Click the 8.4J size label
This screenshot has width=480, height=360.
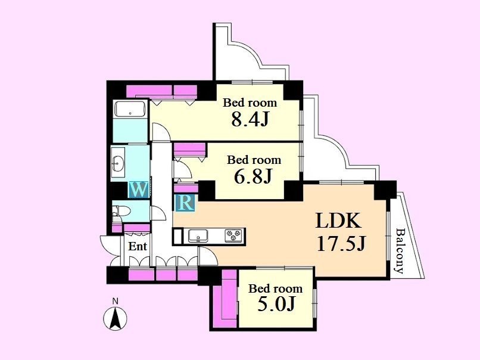(x=250, y=119)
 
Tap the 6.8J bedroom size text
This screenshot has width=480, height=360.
(x=253, y=176)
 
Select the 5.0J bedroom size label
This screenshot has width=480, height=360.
(x=276, y=304)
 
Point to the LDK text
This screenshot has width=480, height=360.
(x=339, y=221)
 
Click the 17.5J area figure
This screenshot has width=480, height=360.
(x=341, y=244)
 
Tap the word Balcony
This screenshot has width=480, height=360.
(x=400, y=250)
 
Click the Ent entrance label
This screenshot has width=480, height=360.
(x=138, y=246)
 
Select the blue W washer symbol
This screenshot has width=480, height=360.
(x=139, y=190)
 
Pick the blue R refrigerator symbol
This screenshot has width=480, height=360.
(x=185, y=203)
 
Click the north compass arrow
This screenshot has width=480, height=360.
(x=115, y=319)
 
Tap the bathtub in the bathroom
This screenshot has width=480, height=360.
(x=130, y=110)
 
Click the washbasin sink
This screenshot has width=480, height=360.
(x=118, y=162)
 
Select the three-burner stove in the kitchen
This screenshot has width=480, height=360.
(x=234, y=236)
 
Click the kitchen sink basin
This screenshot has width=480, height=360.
(x=198, y=236)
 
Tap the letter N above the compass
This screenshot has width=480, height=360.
(x=115, y=301)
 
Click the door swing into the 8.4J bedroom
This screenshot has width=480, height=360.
(x=161, y=132)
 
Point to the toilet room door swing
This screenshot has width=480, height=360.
(x=158, y=213)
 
